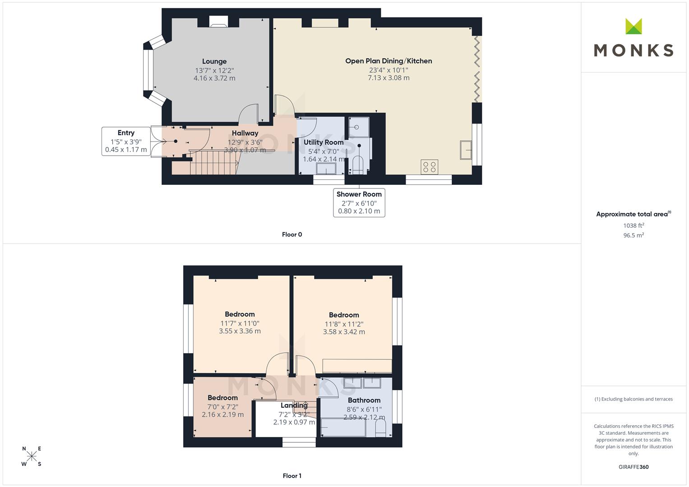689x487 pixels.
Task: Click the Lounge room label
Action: point(214,61)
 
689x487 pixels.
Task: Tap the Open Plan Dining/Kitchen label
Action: point(388,61)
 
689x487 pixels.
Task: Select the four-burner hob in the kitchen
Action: point(429,167)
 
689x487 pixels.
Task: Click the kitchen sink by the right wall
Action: point(466,150)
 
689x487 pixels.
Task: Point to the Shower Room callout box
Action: point(359,202)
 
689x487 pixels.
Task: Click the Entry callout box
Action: point(126,141)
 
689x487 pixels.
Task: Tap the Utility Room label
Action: point(324,142)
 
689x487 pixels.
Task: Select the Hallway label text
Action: point(245,133)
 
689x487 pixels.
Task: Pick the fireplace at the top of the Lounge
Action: point(219,22)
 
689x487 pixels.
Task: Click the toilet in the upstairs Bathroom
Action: point(381,428)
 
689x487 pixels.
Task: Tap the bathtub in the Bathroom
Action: point(343,427)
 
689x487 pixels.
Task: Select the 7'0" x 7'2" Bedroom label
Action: point(222,398)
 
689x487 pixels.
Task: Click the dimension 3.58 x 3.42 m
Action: point(344,332)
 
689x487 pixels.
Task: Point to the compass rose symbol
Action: point(32,456)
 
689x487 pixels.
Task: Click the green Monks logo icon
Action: point(634,27)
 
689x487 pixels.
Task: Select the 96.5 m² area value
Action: point(634,235)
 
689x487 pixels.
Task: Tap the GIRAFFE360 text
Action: point(634,467)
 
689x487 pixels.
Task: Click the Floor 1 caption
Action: point(292,476)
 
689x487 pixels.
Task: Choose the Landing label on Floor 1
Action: point(294,405)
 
